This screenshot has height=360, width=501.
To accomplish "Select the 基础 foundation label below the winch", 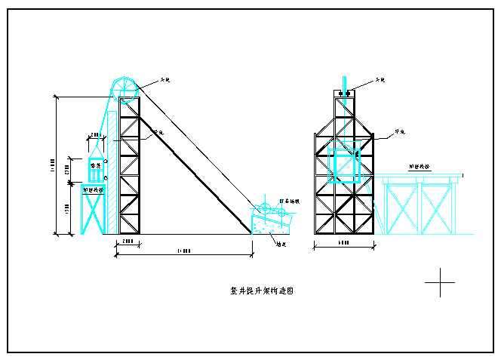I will (281, 245).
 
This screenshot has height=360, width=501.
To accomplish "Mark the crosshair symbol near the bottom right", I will (439, 283).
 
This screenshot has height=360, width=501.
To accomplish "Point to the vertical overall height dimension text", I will (53, 162).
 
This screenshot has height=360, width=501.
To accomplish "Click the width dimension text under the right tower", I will (343, 244).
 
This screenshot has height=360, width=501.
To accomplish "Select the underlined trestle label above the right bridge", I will (420, 166).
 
